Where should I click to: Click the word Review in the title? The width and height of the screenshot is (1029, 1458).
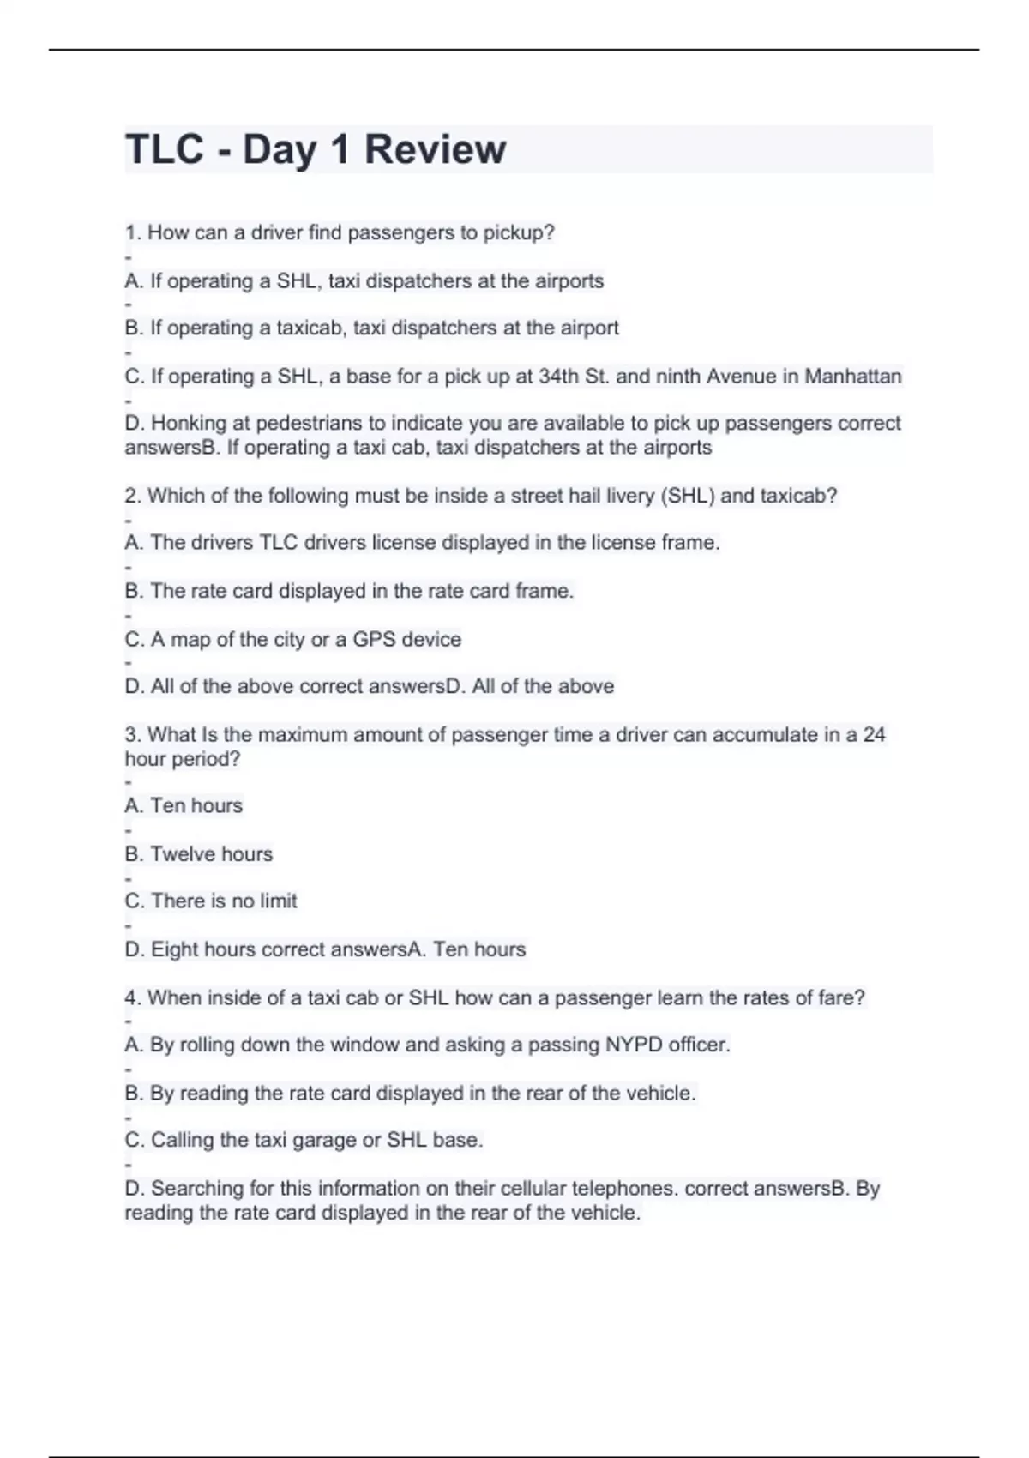point(435,149)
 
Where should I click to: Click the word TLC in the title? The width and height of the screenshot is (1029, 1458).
point(164,149)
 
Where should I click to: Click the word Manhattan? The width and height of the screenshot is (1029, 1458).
point(852,377)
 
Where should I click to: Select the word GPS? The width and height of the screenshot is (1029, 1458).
point(374,639)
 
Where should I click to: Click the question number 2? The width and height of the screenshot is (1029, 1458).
point(131,496)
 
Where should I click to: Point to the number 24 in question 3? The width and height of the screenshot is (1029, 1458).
point(874,734)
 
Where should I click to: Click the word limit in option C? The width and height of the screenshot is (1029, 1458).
point(278,901)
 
